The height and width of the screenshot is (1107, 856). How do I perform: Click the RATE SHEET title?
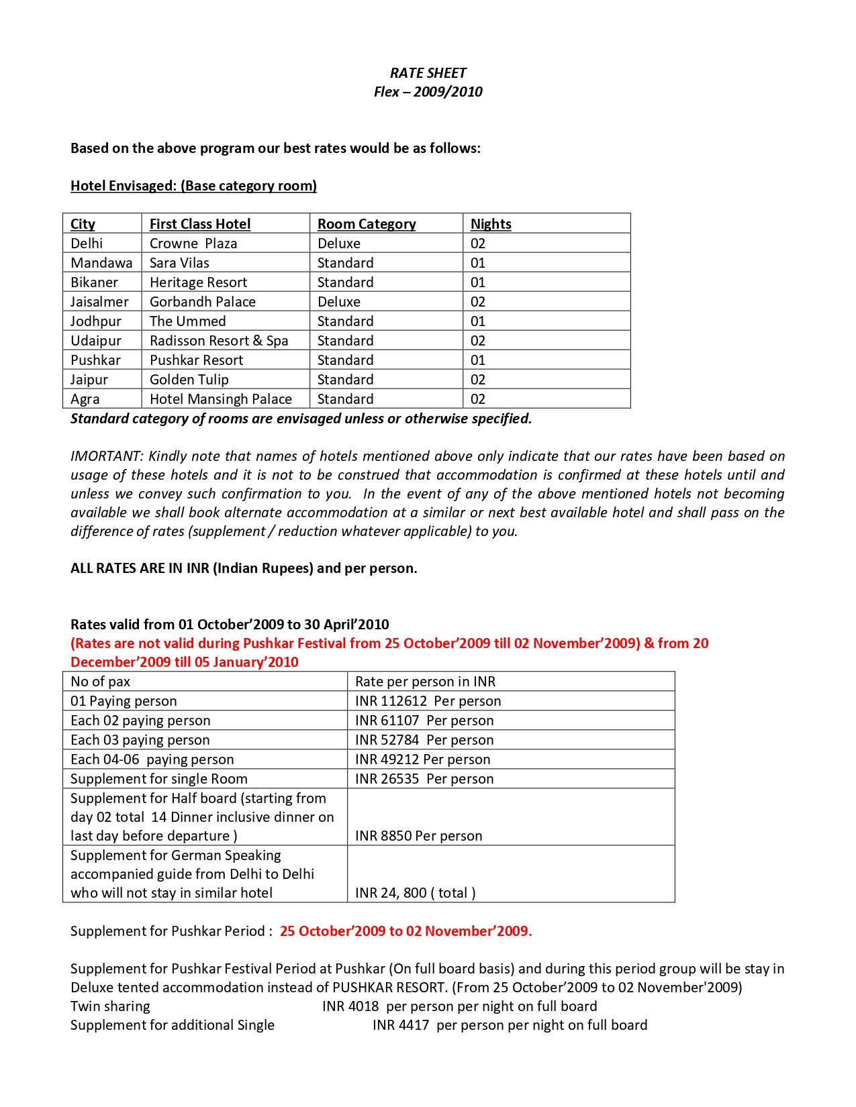tap(428, 73)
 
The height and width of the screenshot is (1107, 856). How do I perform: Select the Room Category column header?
tap(367, 224)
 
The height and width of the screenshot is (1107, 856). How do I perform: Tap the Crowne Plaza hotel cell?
tap(193, 244)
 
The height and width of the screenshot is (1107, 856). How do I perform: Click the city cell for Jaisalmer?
tap(99, 302)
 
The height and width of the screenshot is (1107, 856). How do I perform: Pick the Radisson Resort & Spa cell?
tap(219, 341)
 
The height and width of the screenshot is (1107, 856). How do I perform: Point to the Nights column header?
tap(491, 224)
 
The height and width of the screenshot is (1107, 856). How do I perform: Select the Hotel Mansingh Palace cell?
tap(221, 399)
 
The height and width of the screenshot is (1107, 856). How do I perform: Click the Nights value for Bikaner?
tap(478, 282)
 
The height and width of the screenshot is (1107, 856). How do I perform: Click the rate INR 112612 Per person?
tap(428, 701)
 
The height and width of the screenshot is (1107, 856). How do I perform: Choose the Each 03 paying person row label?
tap(140, 740)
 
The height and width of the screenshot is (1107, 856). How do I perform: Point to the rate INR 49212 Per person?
tap(422, 759)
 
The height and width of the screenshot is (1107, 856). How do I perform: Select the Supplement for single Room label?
tap(159, 779)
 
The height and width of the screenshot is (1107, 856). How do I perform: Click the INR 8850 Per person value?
tap(418, 836)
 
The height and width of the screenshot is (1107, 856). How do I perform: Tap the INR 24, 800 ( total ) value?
tap(415, 893)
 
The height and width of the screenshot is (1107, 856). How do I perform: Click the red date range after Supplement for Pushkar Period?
tap(406, 931)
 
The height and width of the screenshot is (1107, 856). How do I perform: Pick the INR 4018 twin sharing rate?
tap(350, 1006)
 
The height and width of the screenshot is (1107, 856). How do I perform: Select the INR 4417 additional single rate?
tap(401, 1025)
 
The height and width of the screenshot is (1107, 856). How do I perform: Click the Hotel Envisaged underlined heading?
tap(193, 186)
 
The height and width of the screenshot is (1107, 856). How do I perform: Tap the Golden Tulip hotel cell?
tap(189, 380)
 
